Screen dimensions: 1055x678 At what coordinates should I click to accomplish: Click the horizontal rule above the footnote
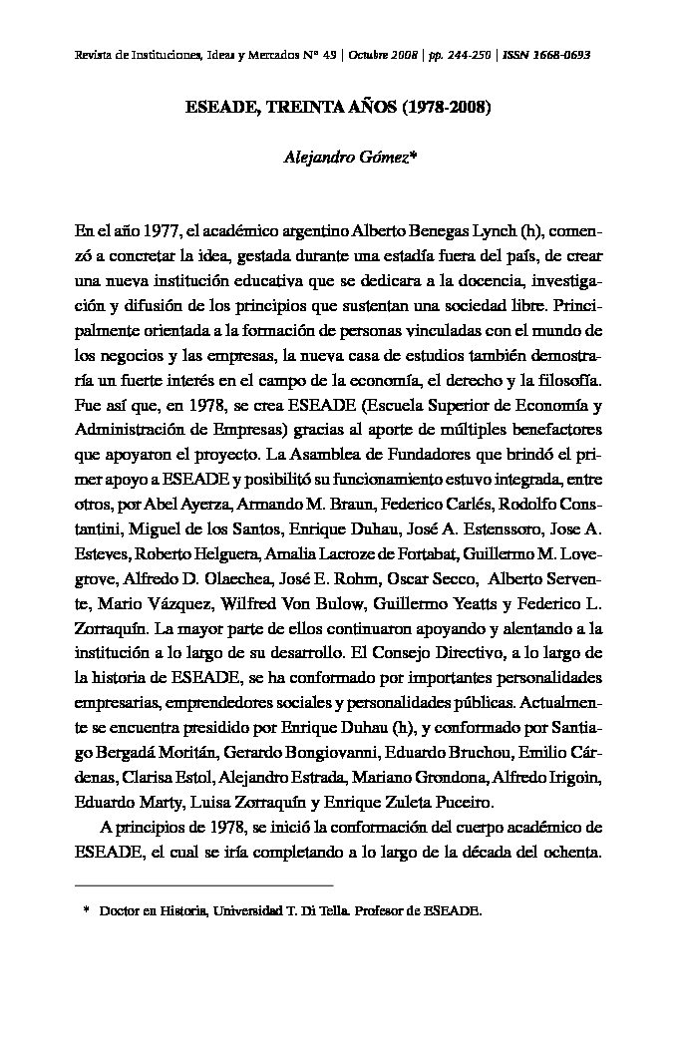pyautogui.click(x=203, y=884)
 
